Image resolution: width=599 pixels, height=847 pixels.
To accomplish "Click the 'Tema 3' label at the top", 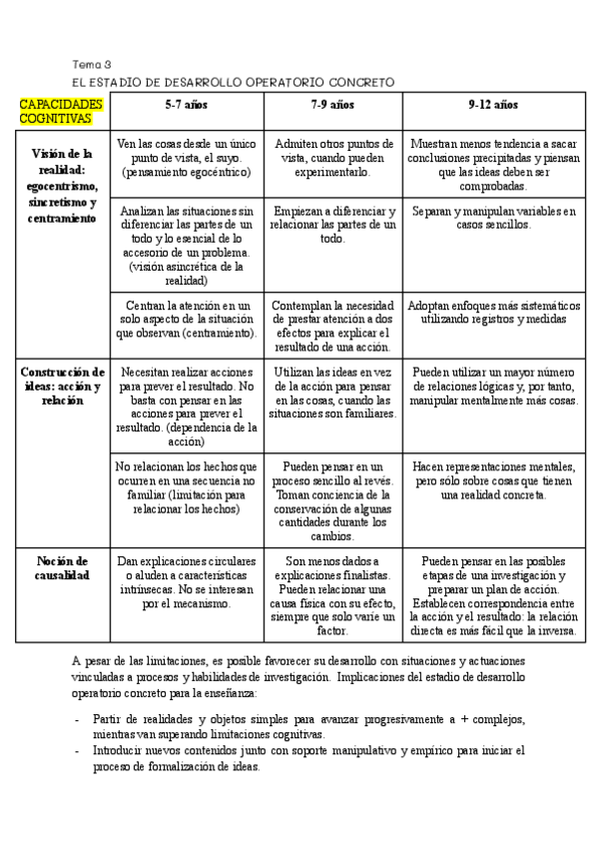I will coord(92,64).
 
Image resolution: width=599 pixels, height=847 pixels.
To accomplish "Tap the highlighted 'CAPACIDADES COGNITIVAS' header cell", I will coord(61,111).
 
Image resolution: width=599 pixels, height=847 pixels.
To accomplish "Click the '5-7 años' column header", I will coord(187,104).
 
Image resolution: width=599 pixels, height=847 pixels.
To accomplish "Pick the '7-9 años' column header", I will coord(332,104).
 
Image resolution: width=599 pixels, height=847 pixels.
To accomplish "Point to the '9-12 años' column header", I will coord(493,104).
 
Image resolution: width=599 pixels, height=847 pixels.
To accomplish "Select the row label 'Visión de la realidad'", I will coord(62,185).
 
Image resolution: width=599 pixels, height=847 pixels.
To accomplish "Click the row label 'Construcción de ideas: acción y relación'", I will coord(62,386).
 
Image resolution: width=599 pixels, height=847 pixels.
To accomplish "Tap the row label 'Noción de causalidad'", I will coord(62,568).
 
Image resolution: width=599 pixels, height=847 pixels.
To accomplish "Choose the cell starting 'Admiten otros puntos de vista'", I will coord(332,158).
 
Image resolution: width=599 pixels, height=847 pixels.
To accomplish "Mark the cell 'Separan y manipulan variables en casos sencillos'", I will coord(493,218).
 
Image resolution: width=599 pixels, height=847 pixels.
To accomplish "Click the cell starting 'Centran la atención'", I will coord(187,319).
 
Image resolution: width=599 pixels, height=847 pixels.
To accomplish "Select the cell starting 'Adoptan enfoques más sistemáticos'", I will coord(493,312).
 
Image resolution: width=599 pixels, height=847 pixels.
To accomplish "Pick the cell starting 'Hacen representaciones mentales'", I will coord(493,480).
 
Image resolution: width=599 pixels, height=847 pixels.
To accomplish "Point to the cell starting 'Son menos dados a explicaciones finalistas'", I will coord(332,595).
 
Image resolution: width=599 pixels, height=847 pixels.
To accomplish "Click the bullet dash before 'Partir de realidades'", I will coord(79,719).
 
